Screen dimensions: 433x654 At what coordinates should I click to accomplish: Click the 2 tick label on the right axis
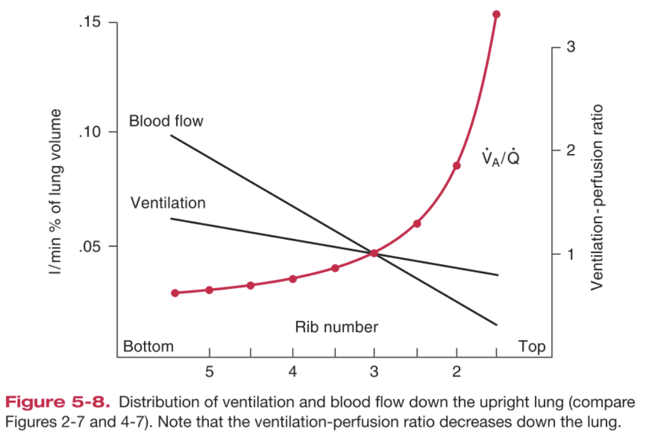click(570, 151)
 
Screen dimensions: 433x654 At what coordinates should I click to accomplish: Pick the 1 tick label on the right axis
click(570, 254)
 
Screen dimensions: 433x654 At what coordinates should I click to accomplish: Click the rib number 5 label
click(209, 372)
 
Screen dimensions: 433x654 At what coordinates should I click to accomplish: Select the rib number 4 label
click(292, 372)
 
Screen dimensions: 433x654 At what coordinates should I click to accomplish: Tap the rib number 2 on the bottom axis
click(456, 372)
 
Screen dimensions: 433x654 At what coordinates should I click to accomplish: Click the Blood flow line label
click(166, 121)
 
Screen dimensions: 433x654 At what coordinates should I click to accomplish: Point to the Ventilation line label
click(168, 203)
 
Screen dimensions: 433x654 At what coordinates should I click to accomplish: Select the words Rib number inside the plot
click(336, 327)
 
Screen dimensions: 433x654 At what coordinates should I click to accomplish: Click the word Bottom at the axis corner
click(148, 347)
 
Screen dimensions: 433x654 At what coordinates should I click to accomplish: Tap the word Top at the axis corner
click(532, 347)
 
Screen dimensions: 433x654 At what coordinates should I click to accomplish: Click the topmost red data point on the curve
click(496, 14)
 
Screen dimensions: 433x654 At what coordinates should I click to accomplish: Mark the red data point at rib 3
click(374, 253)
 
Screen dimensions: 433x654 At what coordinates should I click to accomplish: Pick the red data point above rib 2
click(456, 165)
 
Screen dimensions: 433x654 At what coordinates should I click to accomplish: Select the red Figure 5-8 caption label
click(58, 402)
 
